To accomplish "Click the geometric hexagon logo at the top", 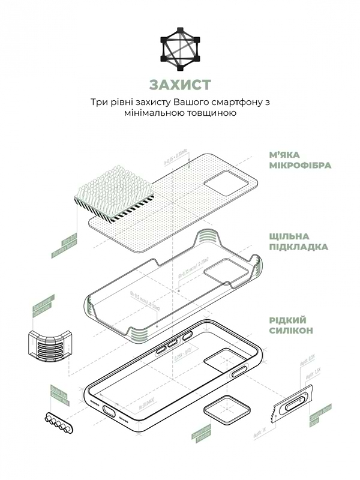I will tap(180, 46).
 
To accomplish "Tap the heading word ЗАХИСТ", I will tap(180, 83).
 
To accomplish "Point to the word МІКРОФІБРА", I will tap(300, 165).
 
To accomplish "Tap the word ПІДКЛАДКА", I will tap(298, 247).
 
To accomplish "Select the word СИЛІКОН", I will tap(292, 331).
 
